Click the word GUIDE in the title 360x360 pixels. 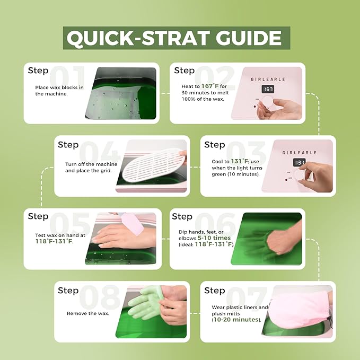coord(249,38)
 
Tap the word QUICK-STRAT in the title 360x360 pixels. coord(138,38)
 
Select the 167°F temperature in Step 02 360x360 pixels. coord(210,86)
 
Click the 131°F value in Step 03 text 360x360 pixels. coord(239,161)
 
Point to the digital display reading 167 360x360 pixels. coord(268,89)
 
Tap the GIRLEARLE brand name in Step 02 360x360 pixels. coord(268,79)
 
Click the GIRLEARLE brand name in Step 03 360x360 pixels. coord(299,153)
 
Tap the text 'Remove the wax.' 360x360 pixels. coord(88,313)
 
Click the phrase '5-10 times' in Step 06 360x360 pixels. coord(214,238)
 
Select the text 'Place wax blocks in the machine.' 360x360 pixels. coord(59,91)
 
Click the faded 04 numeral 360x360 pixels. coord(100,152)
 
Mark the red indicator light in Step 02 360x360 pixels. coord(255,107)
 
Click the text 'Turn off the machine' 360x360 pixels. coord(91,164)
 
